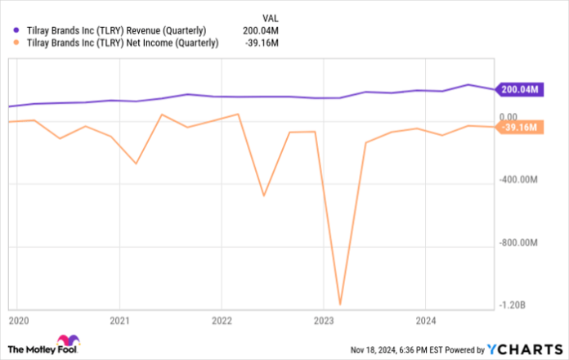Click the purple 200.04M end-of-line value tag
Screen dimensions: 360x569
[519, 89]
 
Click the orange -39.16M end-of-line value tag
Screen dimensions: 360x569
[519, 127]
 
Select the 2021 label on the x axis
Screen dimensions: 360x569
[120, 319]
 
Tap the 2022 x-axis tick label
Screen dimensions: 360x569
[222, 319]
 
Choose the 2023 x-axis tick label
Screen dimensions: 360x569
[325, 319]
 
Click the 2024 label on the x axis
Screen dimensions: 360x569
[426, 319]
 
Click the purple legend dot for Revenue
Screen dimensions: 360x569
[8, 30]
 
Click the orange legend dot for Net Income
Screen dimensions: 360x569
[8, 43]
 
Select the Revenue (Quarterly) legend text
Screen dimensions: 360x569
[116, 30]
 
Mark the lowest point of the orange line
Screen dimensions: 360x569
[339, 304]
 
